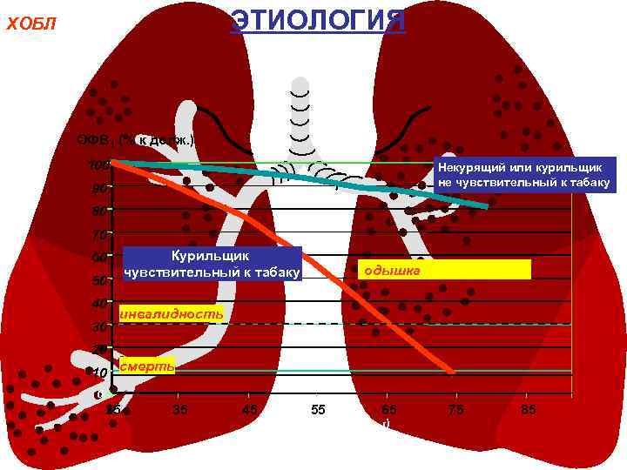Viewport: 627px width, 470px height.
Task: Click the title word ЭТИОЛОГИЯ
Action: [317, 20]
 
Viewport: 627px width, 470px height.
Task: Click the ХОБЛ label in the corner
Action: [31, 24]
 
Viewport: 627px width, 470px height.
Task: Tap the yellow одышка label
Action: [444, 270]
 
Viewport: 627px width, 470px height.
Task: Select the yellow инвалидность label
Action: [171, 312]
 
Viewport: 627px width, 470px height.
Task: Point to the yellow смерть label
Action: [147, 366]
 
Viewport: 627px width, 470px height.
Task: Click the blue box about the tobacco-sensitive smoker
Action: [212, 264]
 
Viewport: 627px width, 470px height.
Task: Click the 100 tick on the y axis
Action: [100, 164]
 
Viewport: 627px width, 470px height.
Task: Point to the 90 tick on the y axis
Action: [100, 188]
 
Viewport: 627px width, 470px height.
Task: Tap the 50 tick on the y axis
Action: [100, 280]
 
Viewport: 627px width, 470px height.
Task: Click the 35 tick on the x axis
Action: [180, 409]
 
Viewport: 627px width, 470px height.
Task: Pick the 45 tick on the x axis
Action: [248, 409]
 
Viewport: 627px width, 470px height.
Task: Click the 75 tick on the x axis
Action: [455, 409]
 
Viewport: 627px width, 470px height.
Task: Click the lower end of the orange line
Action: [452, 372]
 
